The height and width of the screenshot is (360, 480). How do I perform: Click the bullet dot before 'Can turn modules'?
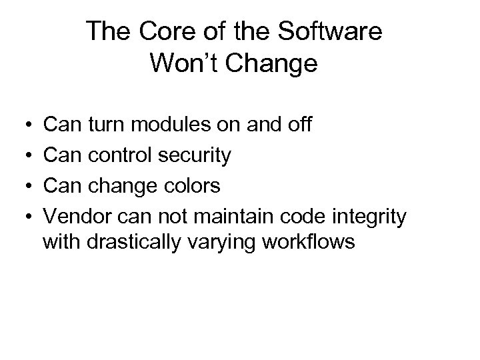click(x=23, y=125)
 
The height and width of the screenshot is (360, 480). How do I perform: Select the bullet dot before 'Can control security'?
click(x=23, y=155)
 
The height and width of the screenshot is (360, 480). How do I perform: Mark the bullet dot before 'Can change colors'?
click(x=23, y=186)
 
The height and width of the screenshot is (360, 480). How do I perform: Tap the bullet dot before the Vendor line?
click(x=23, y=217)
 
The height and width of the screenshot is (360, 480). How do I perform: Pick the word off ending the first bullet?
click(x=296, y=124)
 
